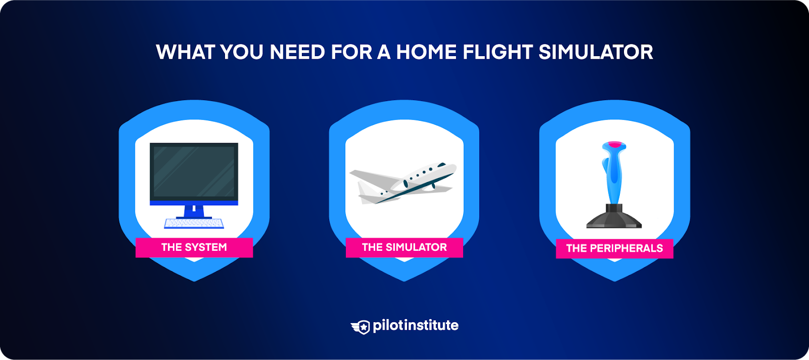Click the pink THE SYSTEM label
[x=194, y=247]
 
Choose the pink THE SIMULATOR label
[x=404, y=247]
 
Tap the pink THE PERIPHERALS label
[x=614, y=248]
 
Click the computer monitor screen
[x=194, y=171]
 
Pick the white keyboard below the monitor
[x=194, y=223]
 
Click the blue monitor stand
[x=194, y=210]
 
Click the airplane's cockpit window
[x=442, y=165]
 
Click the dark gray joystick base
[x=614, y=219]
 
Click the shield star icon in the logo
[x=362, y=327]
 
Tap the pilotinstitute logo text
[x=415, y=326]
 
